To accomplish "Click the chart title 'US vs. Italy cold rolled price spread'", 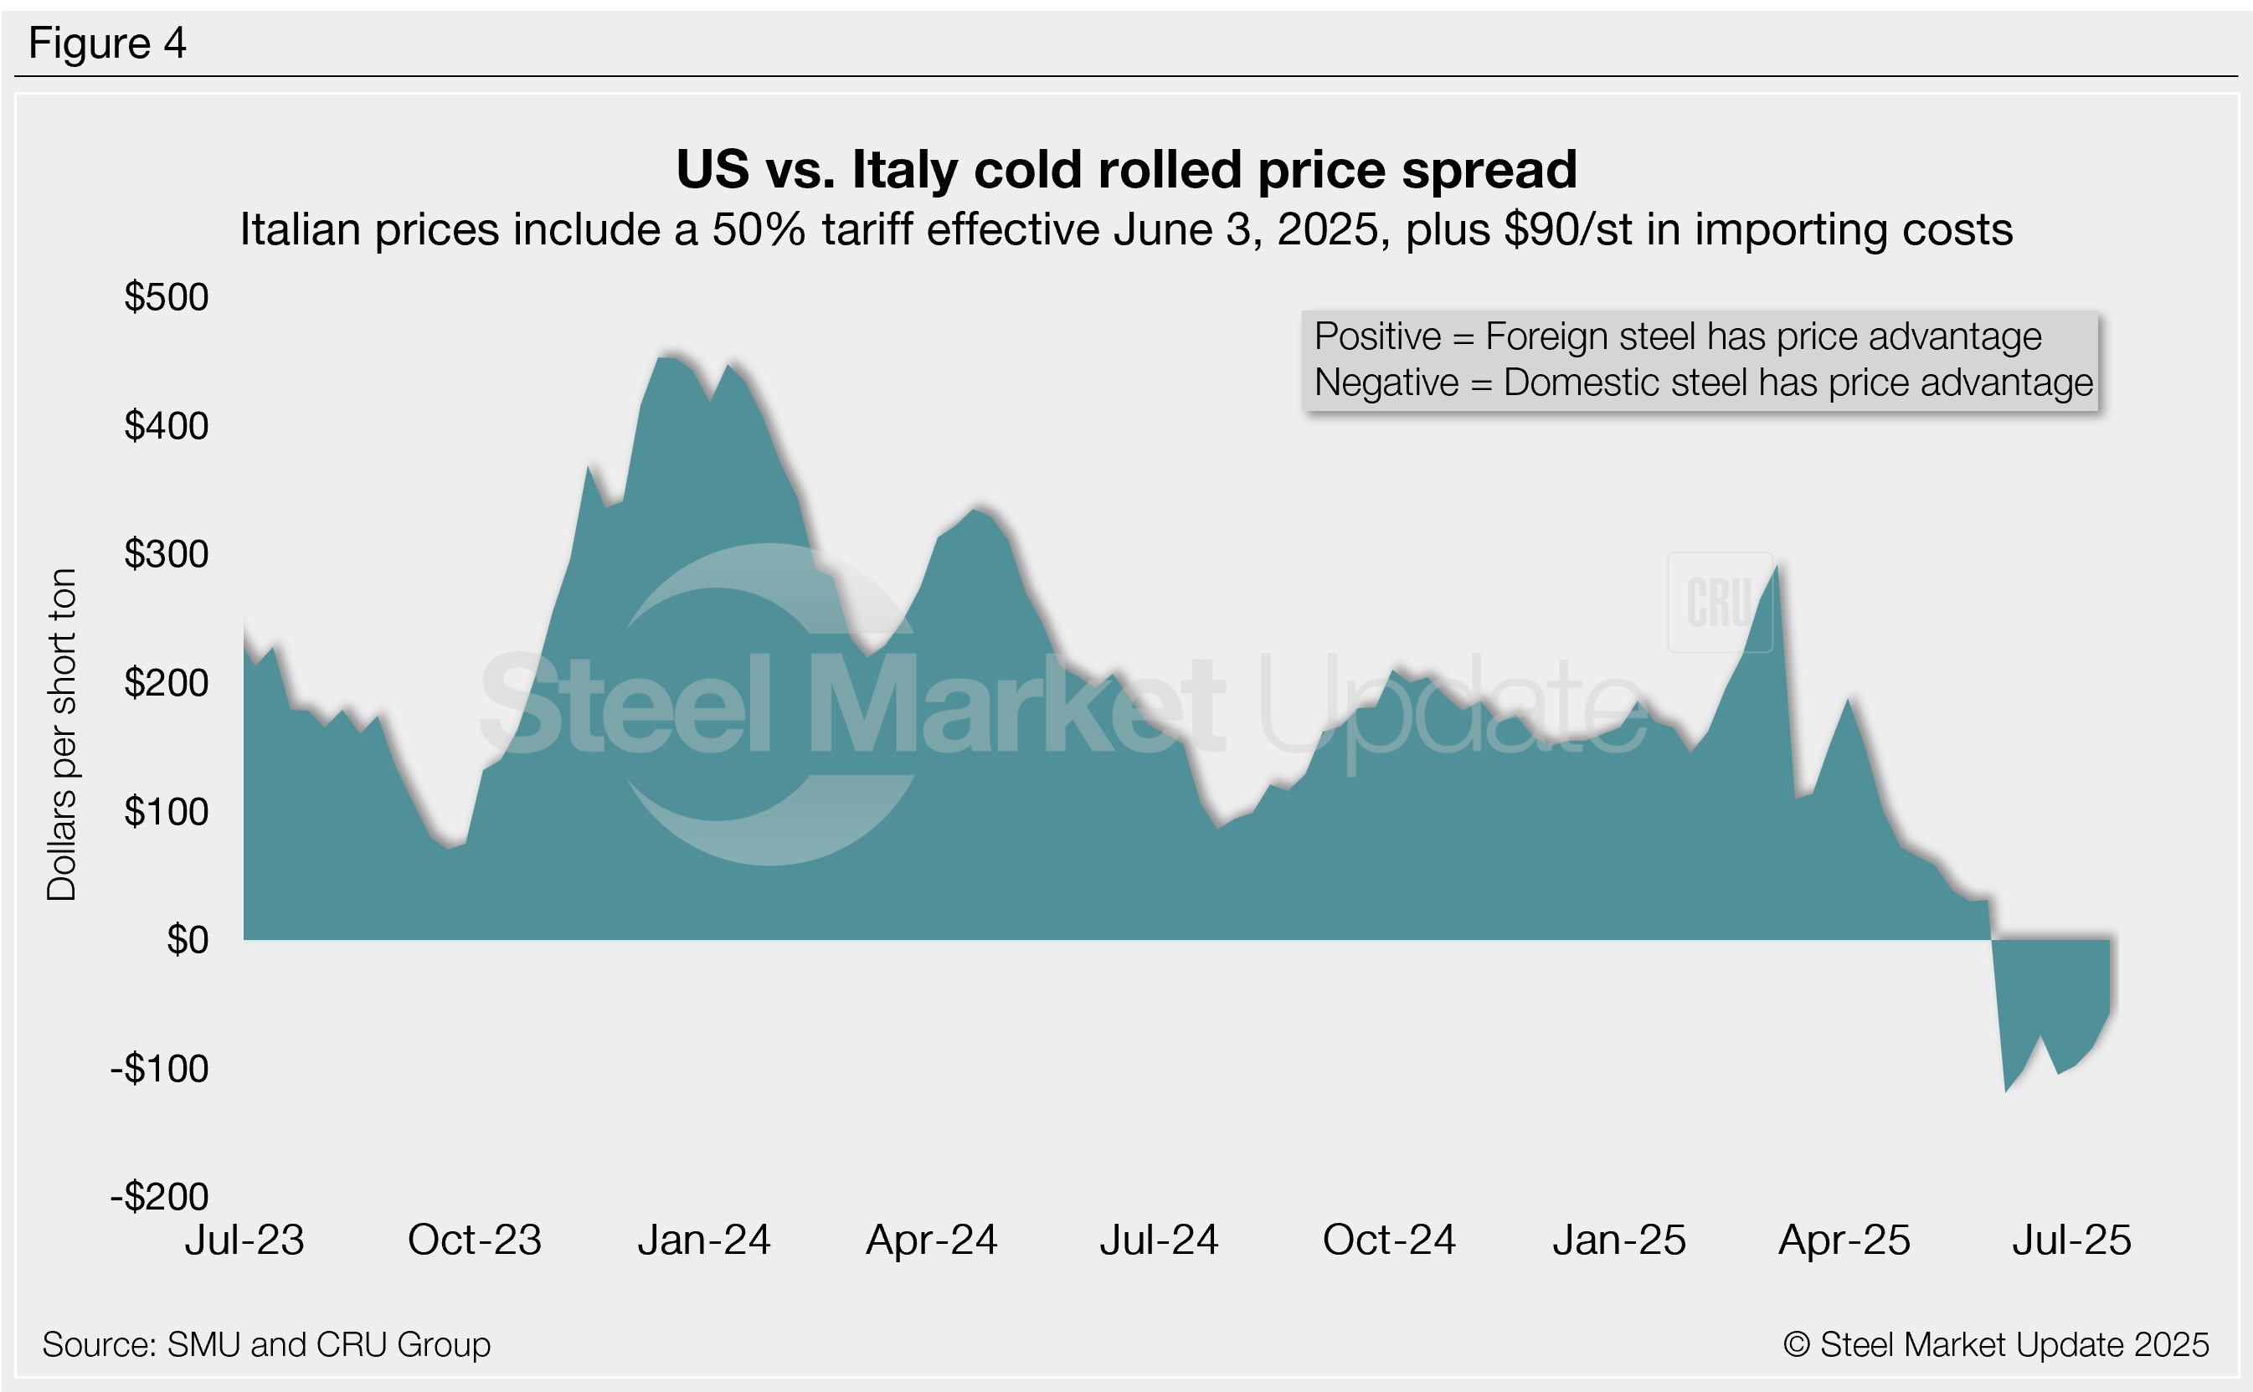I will (1126, 169).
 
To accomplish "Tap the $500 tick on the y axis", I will (167, 297).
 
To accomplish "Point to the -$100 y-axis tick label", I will (159, 1069).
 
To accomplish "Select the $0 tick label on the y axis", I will (188, 940).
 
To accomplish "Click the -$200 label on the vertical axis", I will (159, 1197).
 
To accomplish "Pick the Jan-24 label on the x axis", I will (703, 1240).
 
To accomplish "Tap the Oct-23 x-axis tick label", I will (474, 1240).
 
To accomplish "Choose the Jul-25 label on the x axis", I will (2070, 1240).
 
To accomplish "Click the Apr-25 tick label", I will (1844, 1240).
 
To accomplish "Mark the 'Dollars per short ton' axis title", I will (62, 734).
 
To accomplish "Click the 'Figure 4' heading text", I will (108, 44).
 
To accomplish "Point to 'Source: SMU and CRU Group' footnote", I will (266, 1345).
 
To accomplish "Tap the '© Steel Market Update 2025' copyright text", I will (1995, 1345).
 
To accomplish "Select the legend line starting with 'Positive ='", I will (1677, 337).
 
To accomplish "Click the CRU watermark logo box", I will (1719, 603).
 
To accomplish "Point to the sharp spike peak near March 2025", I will (1776, 565).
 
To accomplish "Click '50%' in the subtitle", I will (759, 230).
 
